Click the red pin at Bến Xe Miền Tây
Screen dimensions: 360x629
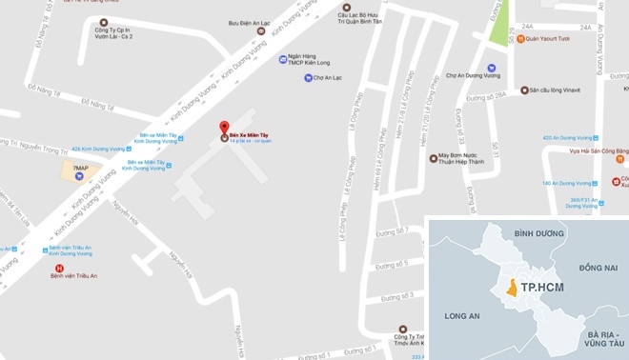pos(225,129)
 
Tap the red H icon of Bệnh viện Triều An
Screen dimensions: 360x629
pos(59,269)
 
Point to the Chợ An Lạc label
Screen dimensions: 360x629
pos(328,76)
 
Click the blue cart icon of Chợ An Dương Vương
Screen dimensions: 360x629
pos(491,68)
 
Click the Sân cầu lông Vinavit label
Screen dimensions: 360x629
pos(556,91)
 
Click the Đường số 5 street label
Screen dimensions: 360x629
pos(393,262)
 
